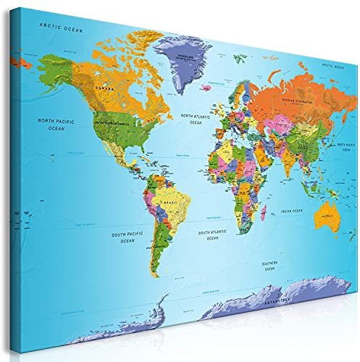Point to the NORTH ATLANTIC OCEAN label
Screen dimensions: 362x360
(x=196, y=119)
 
